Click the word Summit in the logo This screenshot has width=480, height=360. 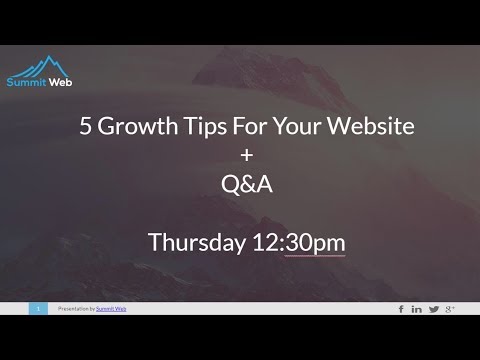[24, 83]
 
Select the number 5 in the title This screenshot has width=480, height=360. [85, 127]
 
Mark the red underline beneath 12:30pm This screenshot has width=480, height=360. [314, 256]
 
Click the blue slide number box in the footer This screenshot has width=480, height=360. [38, 309]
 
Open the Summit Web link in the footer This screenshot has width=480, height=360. [111, 309]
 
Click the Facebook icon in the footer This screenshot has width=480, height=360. [401, 309]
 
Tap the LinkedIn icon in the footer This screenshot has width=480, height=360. [417, 309]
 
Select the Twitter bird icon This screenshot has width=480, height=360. [434, 309]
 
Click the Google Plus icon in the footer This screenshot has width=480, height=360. [451, 309]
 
